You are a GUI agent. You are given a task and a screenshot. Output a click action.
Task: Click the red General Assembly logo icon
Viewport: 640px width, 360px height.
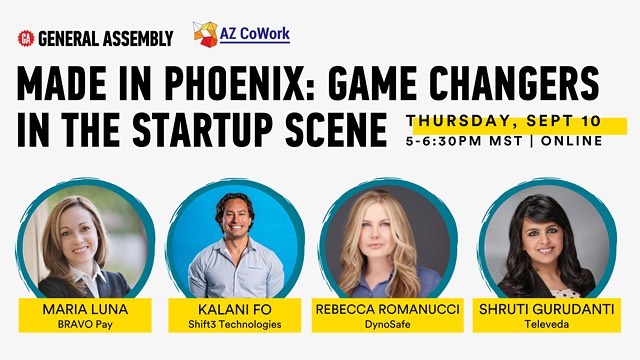(x=26, y=38)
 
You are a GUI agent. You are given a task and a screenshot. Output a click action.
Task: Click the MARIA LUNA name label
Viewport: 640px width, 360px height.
(x=84, y=310)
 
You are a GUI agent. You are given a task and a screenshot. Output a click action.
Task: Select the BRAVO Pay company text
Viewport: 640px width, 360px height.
(x=84, y=324)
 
